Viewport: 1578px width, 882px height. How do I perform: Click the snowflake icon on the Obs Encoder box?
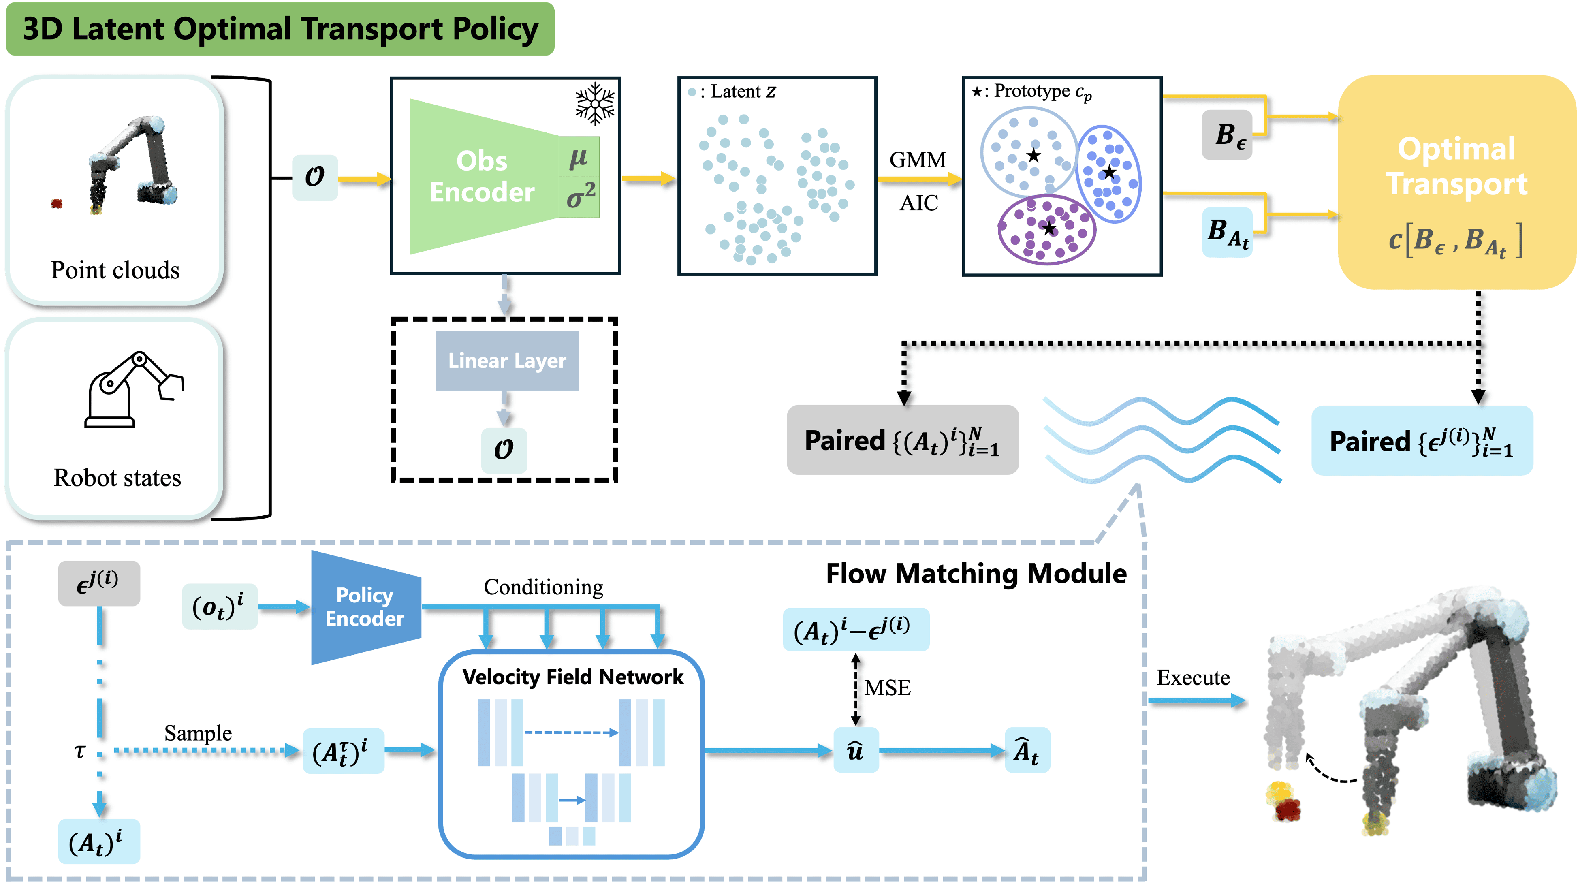click(594, 104)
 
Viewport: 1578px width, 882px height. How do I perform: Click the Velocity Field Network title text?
click(573, 677)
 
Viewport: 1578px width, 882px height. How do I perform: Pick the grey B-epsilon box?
click(1228, 135)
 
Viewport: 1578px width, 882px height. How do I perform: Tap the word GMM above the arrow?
click(918, 160)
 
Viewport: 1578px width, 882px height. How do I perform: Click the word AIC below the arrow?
click(919, 203)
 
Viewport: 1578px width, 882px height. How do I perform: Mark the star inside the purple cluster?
click(1049, 229)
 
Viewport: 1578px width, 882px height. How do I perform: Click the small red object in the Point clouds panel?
click(57, 203)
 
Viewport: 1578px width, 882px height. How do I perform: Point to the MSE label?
click(887, 688)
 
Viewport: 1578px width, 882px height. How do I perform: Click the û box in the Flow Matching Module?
click(856, 750)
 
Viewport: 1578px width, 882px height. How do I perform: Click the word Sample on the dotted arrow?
click(198, 733)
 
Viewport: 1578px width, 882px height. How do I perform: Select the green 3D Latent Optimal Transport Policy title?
click(280, 29)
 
